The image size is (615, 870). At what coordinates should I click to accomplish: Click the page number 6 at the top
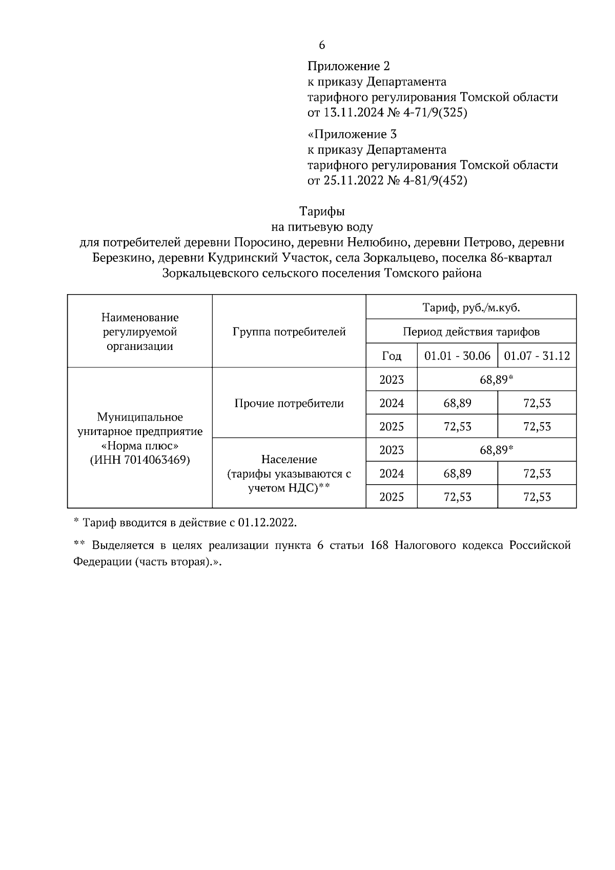tap(322, 45)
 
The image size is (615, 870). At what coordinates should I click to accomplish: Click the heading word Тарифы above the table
tap(322, 211)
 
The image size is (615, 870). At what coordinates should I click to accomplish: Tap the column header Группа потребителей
tap(289, 332)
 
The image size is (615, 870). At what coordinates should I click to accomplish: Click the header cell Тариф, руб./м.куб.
tap(471, 308)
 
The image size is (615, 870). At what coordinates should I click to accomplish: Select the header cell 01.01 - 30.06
tap(457, 356)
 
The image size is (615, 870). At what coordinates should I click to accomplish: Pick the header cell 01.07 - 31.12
tap(537, 356)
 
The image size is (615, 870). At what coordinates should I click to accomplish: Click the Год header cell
tap(392, 356)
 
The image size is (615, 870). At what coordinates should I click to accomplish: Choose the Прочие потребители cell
tap(289, 403)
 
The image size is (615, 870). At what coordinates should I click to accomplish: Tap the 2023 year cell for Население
tap(392, 450)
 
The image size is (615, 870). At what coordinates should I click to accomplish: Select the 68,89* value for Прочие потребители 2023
tap(496, 380)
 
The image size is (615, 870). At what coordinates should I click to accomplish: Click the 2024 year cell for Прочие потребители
tap(392, 403)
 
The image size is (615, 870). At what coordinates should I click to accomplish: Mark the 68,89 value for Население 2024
tap(457, 473)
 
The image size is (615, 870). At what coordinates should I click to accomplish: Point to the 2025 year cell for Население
tap(392, 497)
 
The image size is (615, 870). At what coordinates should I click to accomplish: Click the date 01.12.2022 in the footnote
tap(266, 523)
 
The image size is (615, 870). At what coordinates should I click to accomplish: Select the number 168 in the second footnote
tap(378, 545)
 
